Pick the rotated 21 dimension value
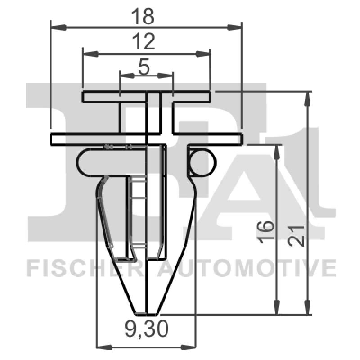(x=298, y=234)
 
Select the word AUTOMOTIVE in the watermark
(x=247, y=269)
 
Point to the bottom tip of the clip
(x=146, y=312)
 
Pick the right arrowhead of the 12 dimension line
(x=205, y=54)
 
